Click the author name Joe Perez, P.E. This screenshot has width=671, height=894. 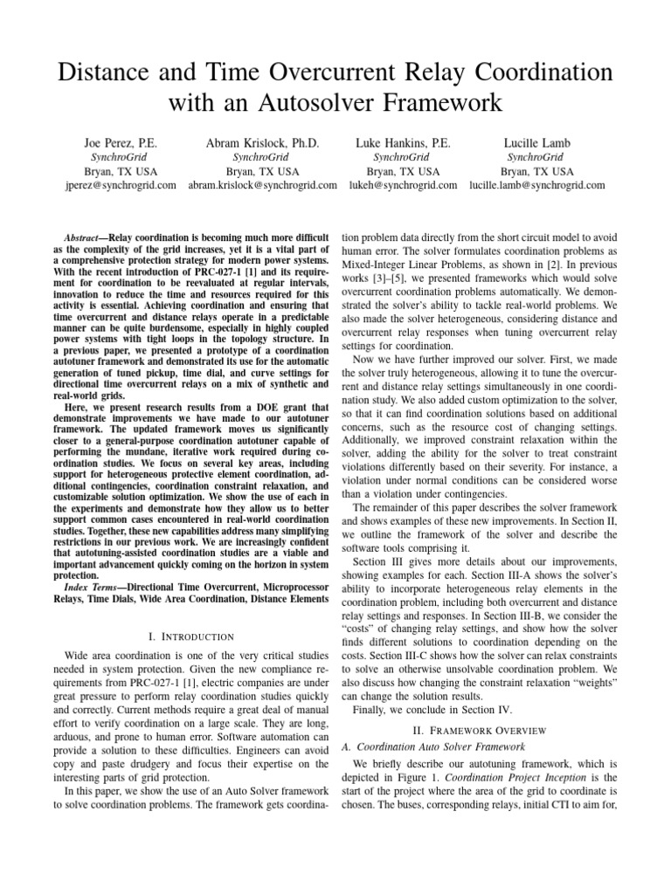[x=119, y=142]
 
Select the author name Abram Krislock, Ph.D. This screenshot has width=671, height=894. [x=262, y=142]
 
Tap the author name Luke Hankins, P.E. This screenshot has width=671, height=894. [x=403, y=142]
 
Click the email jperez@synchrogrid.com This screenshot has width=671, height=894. [x=120, y=185]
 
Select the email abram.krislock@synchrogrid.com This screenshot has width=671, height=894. [x=263, y=185]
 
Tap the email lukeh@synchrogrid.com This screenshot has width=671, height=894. [x=403, y=185]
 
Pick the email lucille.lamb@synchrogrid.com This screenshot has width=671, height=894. [x=537, y=185]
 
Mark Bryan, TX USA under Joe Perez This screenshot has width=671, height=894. [x=120, y=171]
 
